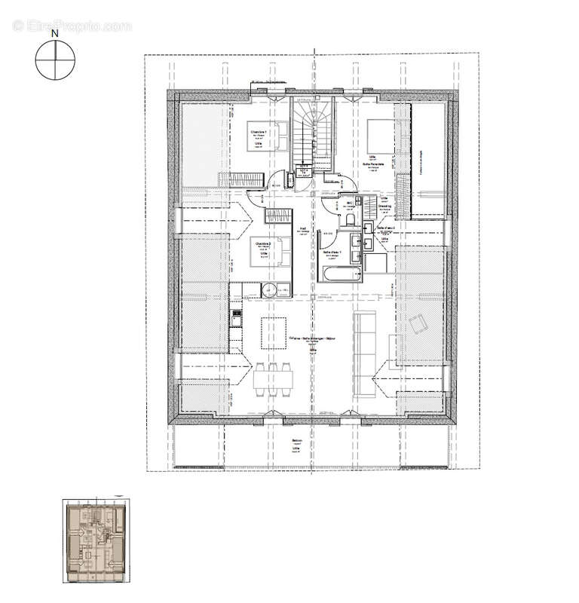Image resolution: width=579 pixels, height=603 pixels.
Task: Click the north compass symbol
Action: click(55, 60)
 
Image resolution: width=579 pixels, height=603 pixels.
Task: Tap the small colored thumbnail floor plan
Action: click(93, 540)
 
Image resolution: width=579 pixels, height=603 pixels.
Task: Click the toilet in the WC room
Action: click(351, 219)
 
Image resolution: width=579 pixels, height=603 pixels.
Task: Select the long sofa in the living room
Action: click(366, 354)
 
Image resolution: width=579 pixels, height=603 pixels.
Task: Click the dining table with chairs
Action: click(273, 375)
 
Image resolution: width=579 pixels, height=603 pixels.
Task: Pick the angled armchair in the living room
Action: click(418, 324)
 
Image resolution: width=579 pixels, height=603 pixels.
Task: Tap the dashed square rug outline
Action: click(274, 332)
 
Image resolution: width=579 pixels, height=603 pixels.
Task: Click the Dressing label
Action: click(384, 205)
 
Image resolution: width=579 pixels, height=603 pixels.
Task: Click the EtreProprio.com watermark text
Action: click(72, 26)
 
